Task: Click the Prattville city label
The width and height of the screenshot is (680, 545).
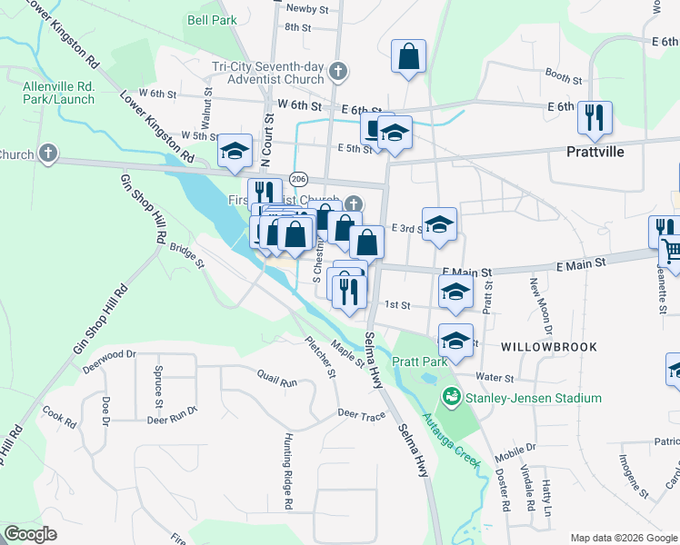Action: tap(595, 152)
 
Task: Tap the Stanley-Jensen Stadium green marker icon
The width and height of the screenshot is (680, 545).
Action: tap(450, 398)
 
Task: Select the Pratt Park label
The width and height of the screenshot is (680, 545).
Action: tap(419, 362)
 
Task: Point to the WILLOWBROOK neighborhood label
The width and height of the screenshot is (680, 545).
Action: tap(547, 347)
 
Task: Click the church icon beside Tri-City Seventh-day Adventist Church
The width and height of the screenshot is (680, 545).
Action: tap(338, 70)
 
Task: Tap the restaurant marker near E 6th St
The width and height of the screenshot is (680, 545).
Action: tap(595, 116)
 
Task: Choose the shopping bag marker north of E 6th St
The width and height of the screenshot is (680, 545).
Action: tap(409, 56)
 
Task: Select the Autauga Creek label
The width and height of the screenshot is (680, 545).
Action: tap(452, 441)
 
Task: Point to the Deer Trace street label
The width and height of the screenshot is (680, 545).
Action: tap(362, 414)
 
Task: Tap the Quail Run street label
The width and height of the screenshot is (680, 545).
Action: tap(277, 382)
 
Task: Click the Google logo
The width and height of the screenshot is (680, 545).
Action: tap(31, 534)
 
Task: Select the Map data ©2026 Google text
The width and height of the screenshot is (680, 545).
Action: tap(623, 538)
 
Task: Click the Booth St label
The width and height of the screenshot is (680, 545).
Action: tap(563, 74)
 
